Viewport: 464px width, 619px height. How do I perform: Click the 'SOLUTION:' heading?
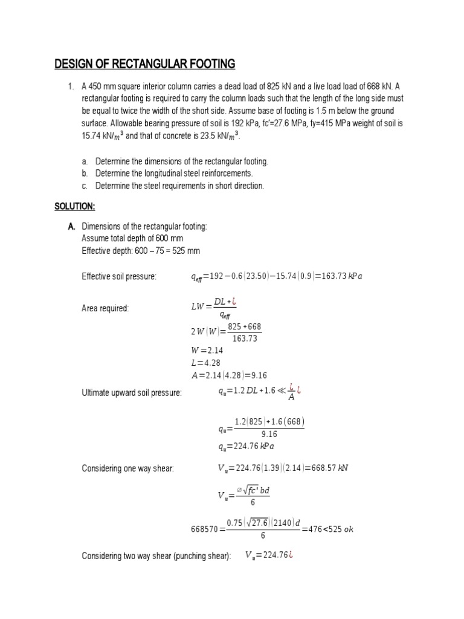pos(75,207)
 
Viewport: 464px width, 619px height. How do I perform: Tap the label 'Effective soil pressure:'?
pos(119,277)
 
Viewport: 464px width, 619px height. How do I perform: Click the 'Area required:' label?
pos(105,308)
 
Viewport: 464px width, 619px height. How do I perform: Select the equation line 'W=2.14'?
pos(207,350)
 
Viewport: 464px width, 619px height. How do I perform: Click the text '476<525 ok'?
pos(331,530)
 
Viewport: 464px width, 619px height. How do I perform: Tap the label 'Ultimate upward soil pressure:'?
pos(132,393)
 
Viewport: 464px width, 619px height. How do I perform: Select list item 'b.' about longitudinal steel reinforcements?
pos(167,173)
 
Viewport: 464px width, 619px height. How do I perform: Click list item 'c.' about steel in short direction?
pos(172,186)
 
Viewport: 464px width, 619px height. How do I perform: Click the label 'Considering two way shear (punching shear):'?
pos(156,556)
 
